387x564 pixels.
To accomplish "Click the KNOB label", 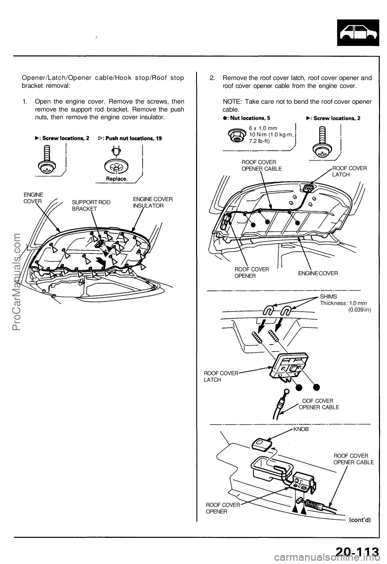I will pyautogui.click(x=301, y=430).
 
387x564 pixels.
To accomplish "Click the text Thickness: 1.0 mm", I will pyautogui.click(x=343, y=303).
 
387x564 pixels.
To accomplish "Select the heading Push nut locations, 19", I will pyautogui.click(x=130, y=138).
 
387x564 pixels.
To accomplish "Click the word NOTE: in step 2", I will pyautogui.click(x=234, y=102).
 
